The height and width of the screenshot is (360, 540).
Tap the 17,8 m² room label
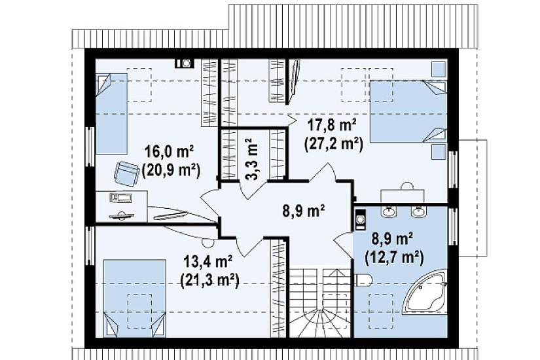(333, 126)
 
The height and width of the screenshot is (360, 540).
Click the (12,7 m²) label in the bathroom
(393, 257)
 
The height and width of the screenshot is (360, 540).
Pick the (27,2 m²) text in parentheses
(333, 145)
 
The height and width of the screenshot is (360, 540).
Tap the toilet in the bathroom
(363, 280)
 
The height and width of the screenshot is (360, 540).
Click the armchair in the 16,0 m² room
(126, 173)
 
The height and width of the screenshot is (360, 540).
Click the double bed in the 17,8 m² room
(408, 111)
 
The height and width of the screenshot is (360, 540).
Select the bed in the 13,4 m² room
(135, 298)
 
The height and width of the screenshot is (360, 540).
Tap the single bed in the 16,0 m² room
(111, 114)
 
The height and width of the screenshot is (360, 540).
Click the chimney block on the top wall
(185, 63)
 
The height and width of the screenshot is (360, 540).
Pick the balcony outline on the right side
(473, 198)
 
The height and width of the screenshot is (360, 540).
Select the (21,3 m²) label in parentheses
(210, 281)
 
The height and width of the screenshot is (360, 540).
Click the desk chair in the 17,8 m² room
(407, 186)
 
